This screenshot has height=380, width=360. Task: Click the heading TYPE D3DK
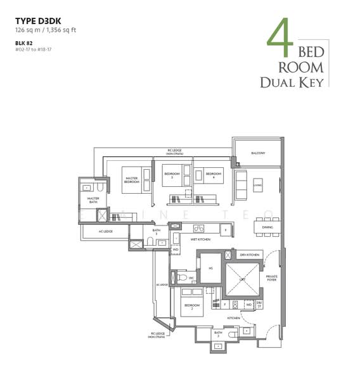pyautogui.click(x=39, y=20)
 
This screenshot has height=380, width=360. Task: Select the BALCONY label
pyautogui.click(x=257, y=153)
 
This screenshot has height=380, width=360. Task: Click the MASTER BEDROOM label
pyautogui.click(x=132, y=180)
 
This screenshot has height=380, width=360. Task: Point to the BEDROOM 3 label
pyautogui.click(x=172, y=175)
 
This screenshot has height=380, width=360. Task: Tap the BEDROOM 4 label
pyautogui.click(x=213, y=175)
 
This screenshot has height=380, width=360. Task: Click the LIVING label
pyautogui.click(x=258, y=185)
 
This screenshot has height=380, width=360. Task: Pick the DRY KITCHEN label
pyautogui.click(x=247, y=255)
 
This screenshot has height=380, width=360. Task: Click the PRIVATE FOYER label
pyautogui.click(x=272, y=279)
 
